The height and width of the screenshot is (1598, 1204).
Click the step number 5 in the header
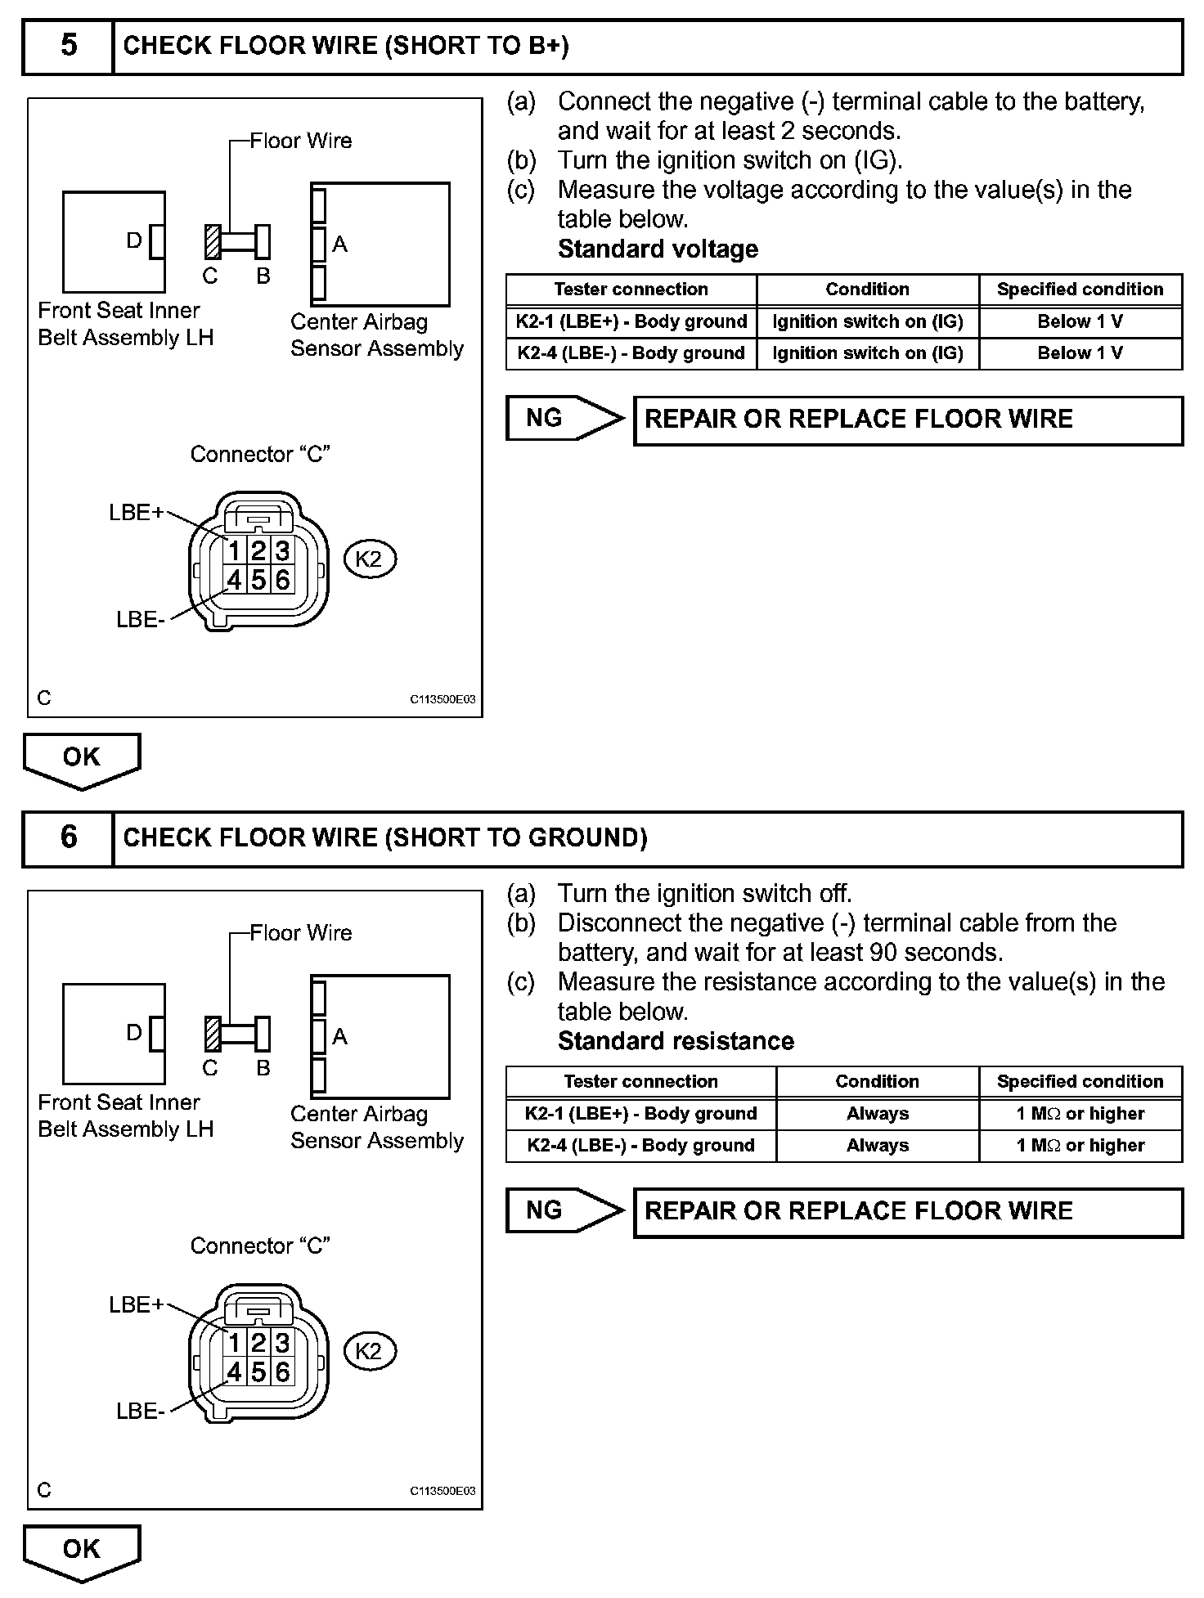(x=69, y=46)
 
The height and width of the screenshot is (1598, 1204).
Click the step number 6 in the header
(x=69, y=837)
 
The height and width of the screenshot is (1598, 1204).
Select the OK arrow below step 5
(x=81, y=758)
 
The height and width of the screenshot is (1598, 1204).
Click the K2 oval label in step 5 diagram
(x=369, y=559)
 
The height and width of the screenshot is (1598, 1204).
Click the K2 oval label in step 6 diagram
(x=369, y=1351)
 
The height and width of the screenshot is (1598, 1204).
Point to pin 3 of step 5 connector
(x=282, y=550)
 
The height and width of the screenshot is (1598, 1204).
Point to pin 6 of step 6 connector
(x=282, y=1371)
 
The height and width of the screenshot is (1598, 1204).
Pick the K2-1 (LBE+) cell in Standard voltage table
(x=631, y=321)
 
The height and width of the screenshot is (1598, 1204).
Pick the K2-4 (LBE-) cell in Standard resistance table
(x=640, y=1146)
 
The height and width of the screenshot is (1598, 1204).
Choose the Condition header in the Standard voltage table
(x=867, y=290)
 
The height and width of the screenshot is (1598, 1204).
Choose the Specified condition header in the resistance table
(x=1080, y=1082)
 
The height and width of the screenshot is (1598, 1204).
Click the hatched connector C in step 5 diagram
(x=213, y=242)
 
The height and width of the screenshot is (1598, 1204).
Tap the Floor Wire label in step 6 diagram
(x=300, y=933)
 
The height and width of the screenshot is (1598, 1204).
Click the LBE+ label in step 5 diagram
(x=136, y=513)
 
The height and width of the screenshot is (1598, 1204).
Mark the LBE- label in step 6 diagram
(x=141, y=1412)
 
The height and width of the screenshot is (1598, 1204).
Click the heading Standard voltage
(x=658, y=249)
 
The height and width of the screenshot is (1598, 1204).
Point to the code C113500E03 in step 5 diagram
(x=443, y=700)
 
